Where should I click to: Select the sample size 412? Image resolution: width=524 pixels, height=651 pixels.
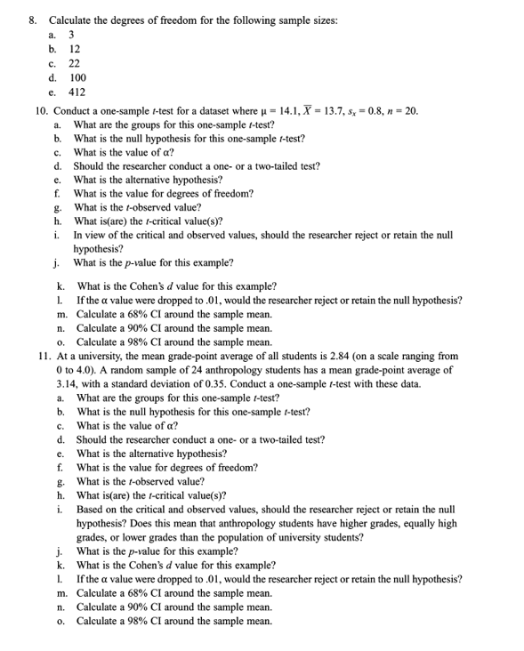[x=77, y=92]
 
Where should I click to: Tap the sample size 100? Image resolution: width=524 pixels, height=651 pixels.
[x=77, y=77]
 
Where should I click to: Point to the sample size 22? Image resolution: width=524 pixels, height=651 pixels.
[x=75, y=63]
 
